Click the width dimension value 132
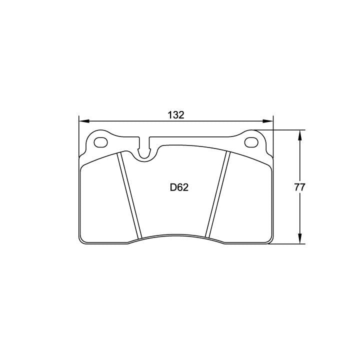[x=175, y=115]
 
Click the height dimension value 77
[x=300, y=187]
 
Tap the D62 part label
[x=178, y=188]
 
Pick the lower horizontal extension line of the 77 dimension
[x=287, y=244]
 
